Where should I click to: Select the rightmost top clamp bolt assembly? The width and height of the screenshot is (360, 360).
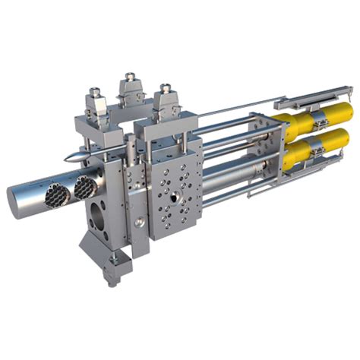click(164, 99)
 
